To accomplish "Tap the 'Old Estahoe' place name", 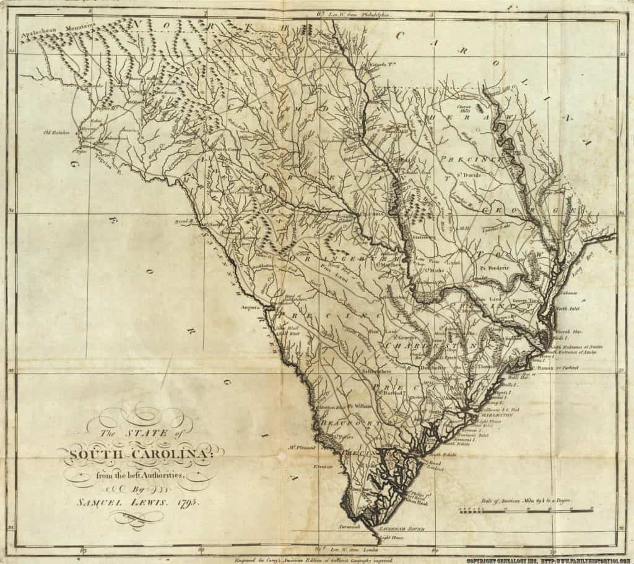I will tap(56, 132).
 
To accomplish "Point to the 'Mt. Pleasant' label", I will tap(302, 446).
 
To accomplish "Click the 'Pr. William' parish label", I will tap(358, 406).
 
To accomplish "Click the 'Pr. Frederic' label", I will tap(493, 268).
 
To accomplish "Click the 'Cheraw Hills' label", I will tap(465, 109).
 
